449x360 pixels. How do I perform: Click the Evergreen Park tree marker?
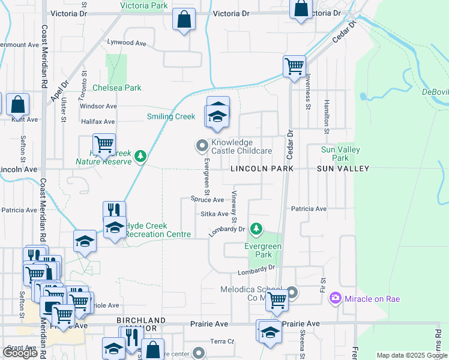click(256, 229)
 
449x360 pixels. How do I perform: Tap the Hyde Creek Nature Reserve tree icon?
click(140, 156)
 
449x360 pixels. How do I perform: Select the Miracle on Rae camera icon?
click(335, 298)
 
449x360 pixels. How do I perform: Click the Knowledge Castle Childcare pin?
click(202, 145)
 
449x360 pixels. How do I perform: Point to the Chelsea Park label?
click(117, 88)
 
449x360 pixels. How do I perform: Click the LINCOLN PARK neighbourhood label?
click(262, 169)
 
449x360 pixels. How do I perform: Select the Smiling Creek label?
click(171, 116)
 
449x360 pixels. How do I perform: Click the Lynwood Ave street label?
click(127, 43)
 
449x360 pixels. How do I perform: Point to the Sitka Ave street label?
click(214, 214)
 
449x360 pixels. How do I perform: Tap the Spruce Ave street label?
click(207, 199)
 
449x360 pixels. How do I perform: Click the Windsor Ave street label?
click(98, 106)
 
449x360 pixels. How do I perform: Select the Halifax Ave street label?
click(97, 121)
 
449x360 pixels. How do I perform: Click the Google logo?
click(20, 352)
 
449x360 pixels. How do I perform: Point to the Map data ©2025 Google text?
click(411, 355)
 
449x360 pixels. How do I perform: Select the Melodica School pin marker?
click(292, 293)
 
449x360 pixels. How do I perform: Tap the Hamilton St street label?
click(327, 116)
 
